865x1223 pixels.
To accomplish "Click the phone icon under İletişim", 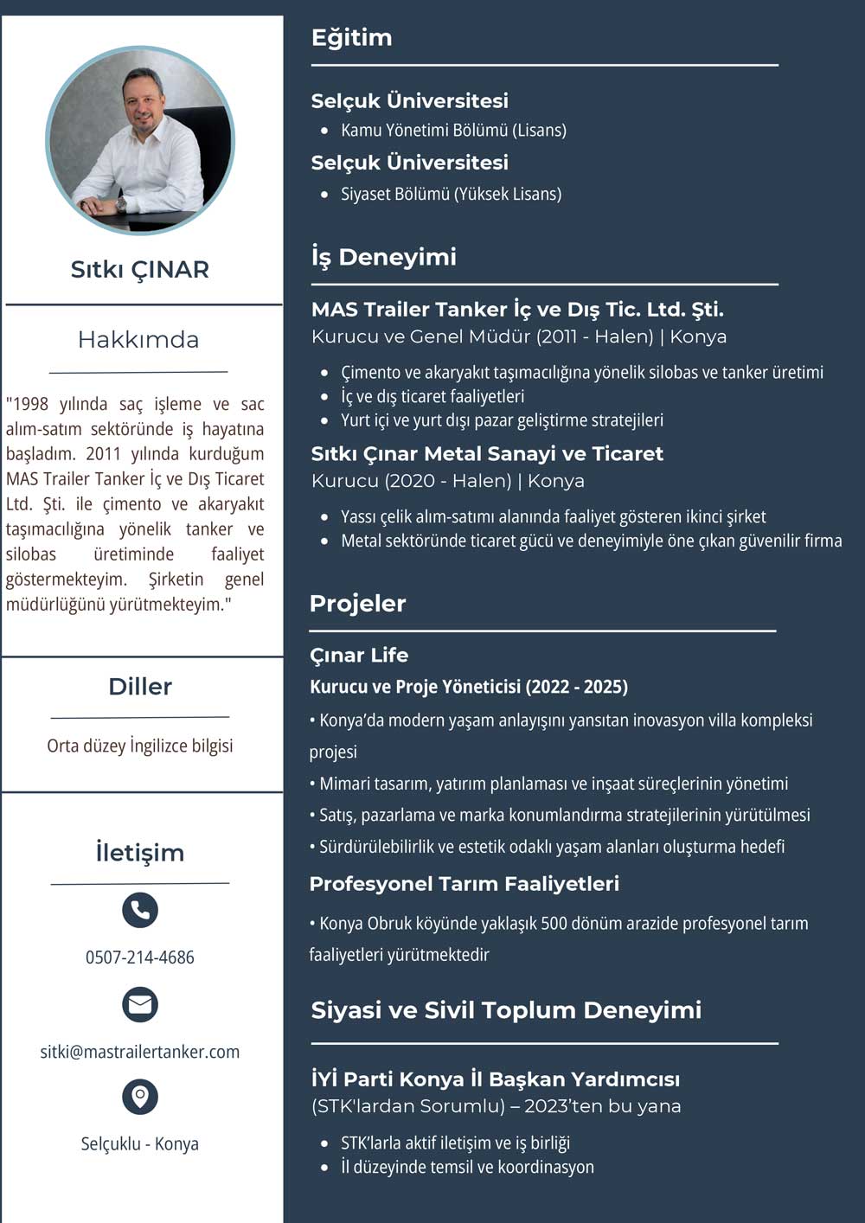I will tap(140, 909).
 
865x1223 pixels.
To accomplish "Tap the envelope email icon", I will tap(140, 1004).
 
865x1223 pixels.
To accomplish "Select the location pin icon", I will tap(140, 1096).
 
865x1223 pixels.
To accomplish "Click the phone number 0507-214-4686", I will tap(140, 957).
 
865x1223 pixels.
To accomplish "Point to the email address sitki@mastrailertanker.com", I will tap(140, 1052).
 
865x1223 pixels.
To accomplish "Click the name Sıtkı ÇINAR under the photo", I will tap(140, 270).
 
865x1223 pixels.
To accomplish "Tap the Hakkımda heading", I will tap(138, 340).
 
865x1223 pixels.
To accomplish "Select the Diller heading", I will tap(140, 687).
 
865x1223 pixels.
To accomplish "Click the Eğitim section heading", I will tap(352, 38).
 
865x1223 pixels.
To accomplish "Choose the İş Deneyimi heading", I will tap(384, 257).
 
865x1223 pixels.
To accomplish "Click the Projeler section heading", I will tap(358, 604).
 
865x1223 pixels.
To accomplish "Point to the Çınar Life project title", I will tap(359, 656).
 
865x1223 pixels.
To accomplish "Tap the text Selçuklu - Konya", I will tap(140, 1143).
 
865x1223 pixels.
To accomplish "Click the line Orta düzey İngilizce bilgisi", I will tap(140, 746).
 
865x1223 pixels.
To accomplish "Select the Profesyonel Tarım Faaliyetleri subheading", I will tap(465, 884).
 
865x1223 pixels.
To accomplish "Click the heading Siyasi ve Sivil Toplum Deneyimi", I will tap(506, 1010).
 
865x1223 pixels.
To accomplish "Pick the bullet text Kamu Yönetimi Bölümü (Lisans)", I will tap(454, 131).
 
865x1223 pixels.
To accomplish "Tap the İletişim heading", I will tap(140, 853).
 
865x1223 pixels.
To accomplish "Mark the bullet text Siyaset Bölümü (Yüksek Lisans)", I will tap(452, 194).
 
